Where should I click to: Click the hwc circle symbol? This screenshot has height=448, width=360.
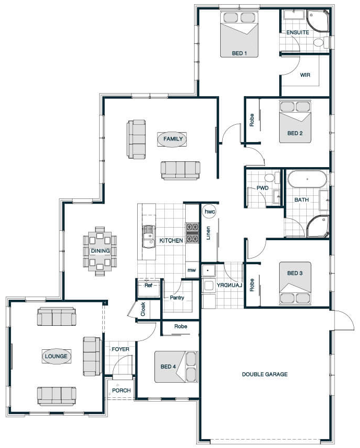[x=209, y=211]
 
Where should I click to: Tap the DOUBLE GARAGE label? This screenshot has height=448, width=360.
[x=265, y=374]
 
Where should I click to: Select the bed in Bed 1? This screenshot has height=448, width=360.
[x=239, y=34]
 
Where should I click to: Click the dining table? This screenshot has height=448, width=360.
[x=100, y=251]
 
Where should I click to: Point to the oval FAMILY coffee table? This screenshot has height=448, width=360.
[x=172, y=139]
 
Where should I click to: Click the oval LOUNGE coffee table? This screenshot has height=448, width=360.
[x=56, y=356]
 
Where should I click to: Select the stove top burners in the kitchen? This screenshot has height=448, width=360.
[x=192, y=233]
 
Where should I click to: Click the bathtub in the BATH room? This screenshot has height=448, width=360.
[x=307, y=179]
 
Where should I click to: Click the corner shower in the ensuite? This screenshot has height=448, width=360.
[x=318, y=21]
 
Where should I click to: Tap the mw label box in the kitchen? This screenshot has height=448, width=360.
[x=192, y=270]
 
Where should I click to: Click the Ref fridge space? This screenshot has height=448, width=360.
[x=149, y=288]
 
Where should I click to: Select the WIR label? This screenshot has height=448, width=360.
[x=305, y=75]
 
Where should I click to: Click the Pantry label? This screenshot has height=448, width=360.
[x=177, y=298]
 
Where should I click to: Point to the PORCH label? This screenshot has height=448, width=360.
[x=122, y=390]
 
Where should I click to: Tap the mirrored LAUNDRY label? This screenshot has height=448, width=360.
[x=229, y=285]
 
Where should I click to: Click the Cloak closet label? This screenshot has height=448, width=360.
[x=143, y=309]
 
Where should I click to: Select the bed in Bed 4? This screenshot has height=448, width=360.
[x=176, y=367]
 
